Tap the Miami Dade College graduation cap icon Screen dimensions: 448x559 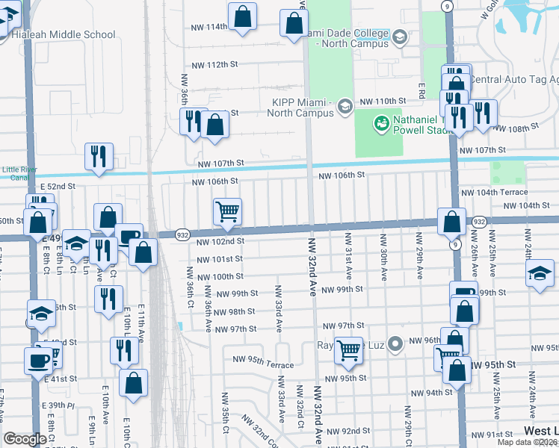click(x=400, y=37)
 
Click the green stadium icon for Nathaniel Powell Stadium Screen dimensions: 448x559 click(x=381, y=121)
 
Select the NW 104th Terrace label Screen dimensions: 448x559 click(x=495, y=192)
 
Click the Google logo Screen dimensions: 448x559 click(x=25, y=439)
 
